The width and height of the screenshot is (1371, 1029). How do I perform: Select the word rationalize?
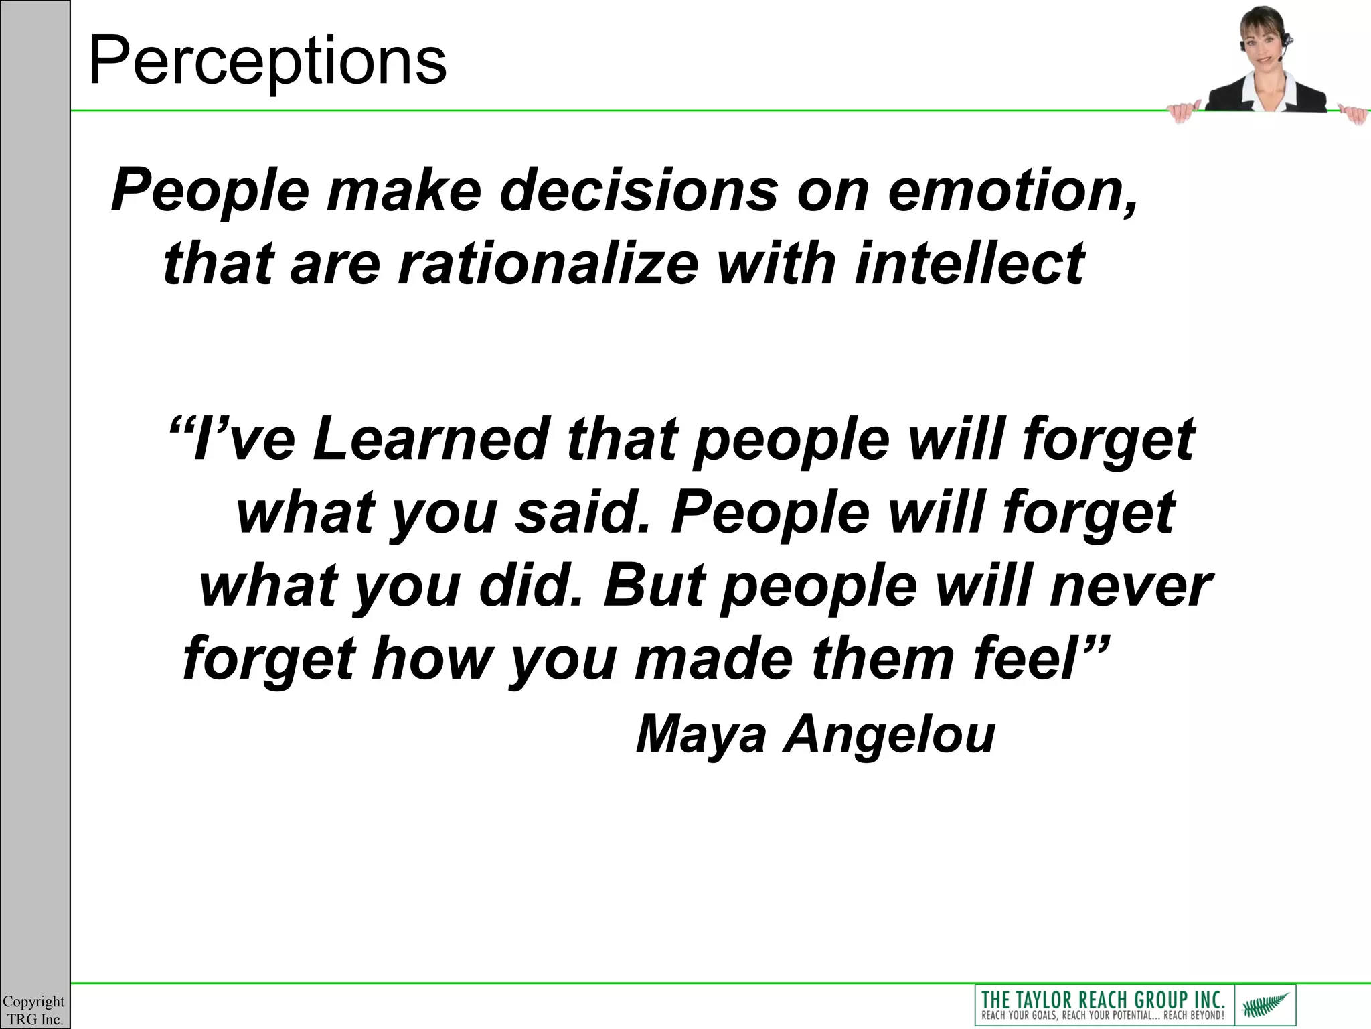tap(548, 263)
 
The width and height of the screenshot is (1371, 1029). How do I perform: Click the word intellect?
tap(970, 263)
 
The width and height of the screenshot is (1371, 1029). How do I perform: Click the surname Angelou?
tap(890, 736)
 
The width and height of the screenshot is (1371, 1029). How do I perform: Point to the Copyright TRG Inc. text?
tap(34, 1010)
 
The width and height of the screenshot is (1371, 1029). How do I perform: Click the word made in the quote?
tap(714, 658)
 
